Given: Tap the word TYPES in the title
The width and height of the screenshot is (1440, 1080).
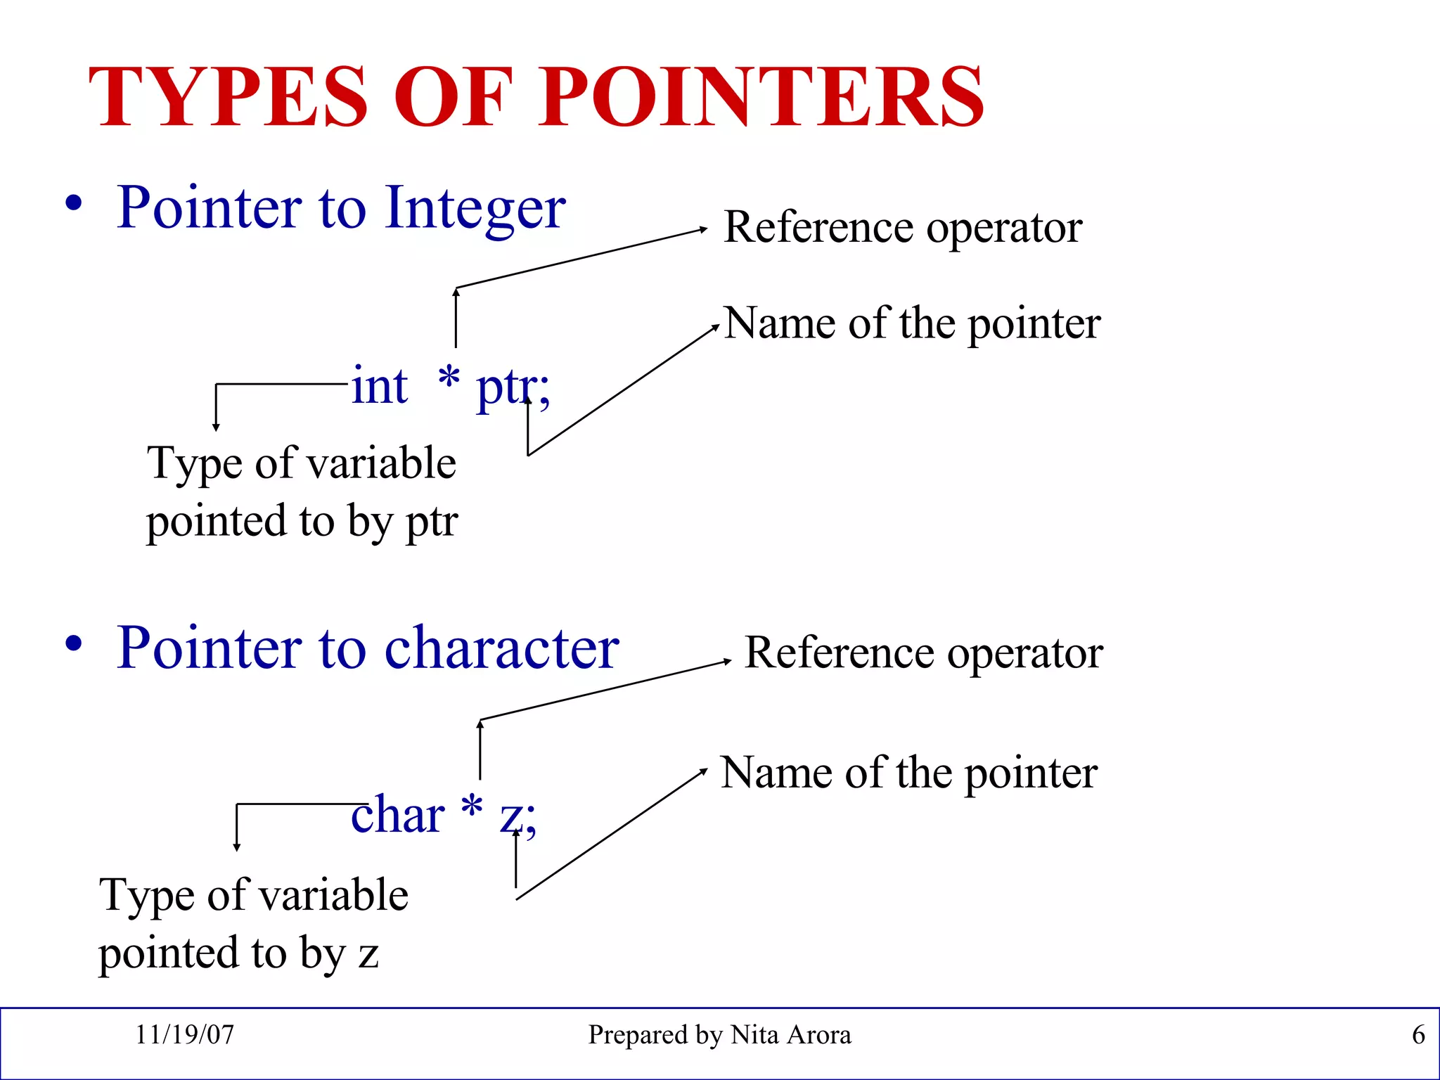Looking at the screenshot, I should pyautogui.click(x=228, y=97).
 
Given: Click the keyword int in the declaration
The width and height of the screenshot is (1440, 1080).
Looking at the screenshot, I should pyautogui.click(x=380, y=386).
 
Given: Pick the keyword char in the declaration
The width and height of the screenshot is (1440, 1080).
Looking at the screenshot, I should pyautogui.click(x=397, y=815).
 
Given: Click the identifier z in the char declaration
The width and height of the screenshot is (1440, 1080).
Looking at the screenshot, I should pyautogui.click(x=512, y=818).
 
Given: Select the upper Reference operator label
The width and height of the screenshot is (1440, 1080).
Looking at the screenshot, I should pyautogui.click(x=903, y=228).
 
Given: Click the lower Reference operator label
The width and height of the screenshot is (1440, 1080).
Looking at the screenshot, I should pyautogui.click(x=923, y=653).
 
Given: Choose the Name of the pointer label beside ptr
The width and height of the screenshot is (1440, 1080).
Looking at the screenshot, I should pyautogui.click(x=912, y=323).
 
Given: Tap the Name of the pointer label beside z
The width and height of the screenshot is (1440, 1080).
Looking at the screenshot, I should pyautogui.click(x=908, y=773).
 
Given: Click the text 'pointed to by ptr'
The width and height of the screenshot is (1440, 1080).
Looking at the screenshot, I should pyautogui.click(x=302, y=522).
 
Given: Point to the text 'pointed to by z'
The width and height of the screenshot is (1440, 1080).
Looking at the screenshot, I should pyautogui.click(x=238, y=953).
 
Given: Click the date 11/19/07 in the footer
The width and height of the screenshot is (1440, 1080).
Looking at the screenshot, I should pyautogui.click(x=184, y=1035).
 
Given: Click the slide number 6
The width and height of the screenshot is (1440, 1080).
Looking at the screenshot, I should pyautogui.click(x=1418, y=1035).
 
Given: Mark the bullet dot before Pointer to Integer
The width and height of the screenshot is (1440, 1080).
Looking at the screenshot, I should pyautogui.click(x=74, y=204).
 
